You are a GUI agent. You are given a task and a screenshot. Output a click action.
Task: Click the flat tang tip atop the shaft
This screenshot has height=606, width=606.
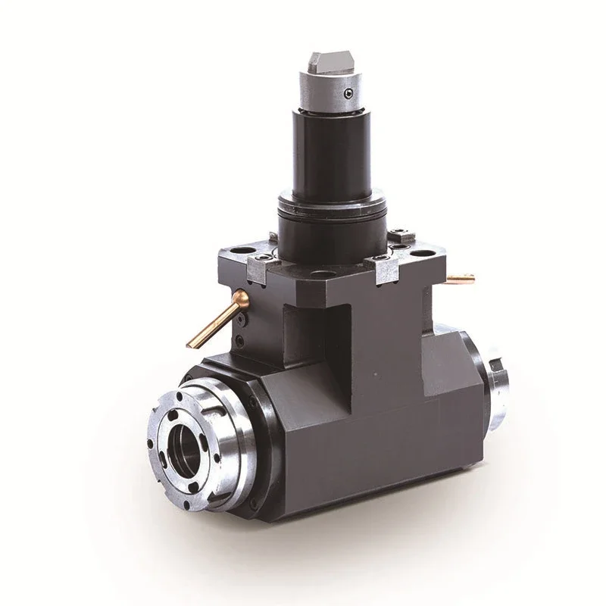pos(331,61)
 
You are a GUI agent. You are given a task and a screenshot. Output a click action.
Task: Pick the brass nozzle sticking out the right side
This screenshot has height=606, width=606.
pos(459,279)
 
